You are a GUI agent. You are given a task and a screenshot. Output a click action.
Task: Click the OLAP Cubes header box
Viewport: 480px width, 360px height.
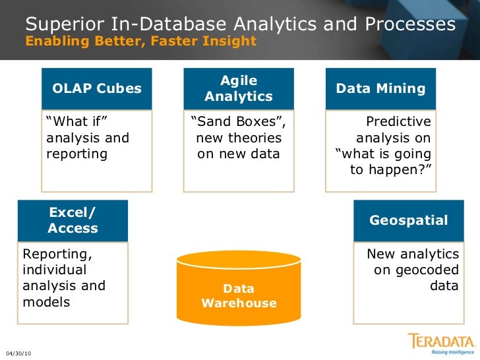pyautogui.click(x=97, y=88)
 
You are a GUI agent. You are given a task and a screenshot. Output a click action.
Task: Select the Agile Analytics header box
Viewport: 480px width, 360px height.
pyautogui.click(x=239, y=88)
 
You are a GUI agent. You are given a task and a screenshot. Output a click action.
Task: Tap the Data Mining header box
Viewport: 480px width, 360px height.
pyautogui.click(x=380, y=88)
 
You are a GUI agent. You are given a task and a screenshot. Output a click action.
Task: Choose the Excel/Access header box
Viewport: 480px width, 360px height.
pyautogui.click(x=73, y=220)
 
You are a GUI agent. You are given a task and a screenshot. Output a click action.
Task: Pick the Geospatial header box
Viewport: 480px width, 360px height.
pyautogui.click(x=408, y=220)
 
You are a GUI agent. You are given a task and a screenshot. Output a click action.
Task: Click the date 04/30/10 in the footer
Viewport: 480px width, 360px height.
pyautogui.click(x=18, y=353)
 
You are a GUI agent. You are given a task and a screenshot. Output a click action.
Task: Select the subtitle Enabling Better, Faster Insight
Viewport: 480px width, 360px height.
pyautogui.click(x=140, y=42)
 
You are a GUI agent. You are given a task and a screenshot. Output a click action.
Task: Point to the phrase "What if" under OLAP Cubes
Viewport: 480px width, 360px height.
pyautogui.click(x=76, y=122)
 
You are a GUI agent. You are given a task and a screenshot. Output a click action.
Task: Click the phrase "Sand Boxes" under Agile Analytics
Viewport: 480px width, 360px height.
pyautogui.click(x=238, y=122)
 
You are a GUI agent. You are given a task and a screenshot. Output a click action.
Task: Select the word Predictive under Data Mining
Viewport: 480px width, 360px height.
pyautogui.click(x=398, y=122)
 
